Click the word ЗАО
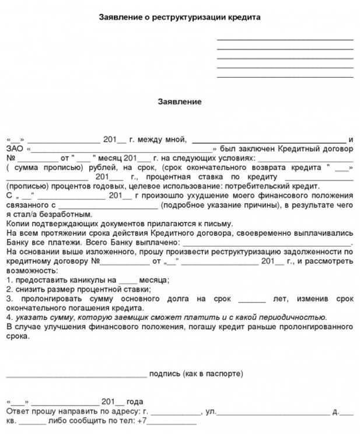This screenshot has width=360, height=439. coord(14,149)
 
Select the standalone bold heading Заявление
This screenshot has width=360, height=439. coord(180,102)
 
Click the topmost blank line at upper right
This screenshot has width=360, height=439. coord(285,39)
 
